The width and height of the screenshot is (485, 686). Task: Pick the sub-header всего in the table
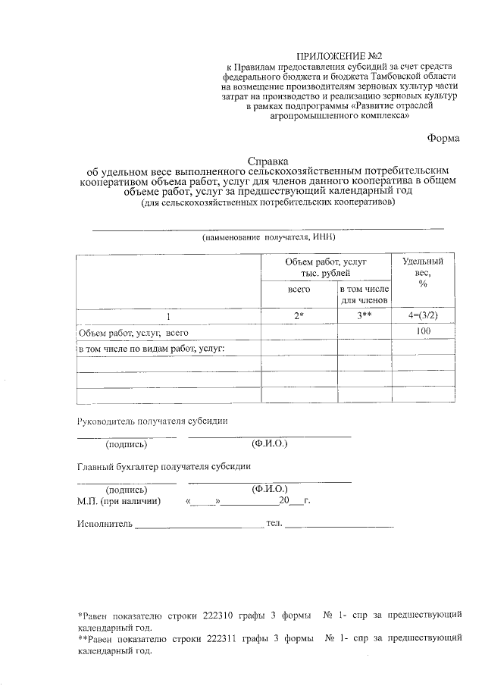click(x=299, y=290)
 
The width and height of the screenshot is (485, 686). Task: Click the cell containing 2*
click(x=299, y=316)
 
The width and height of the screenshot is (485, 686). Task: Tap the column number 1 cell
click(x=169, y=316)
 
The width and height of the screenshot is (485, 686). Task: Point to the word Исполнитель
click(x=105, y=524)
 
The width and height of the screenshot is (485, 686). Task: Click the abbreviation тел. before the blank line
click(x=274, y=524)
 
